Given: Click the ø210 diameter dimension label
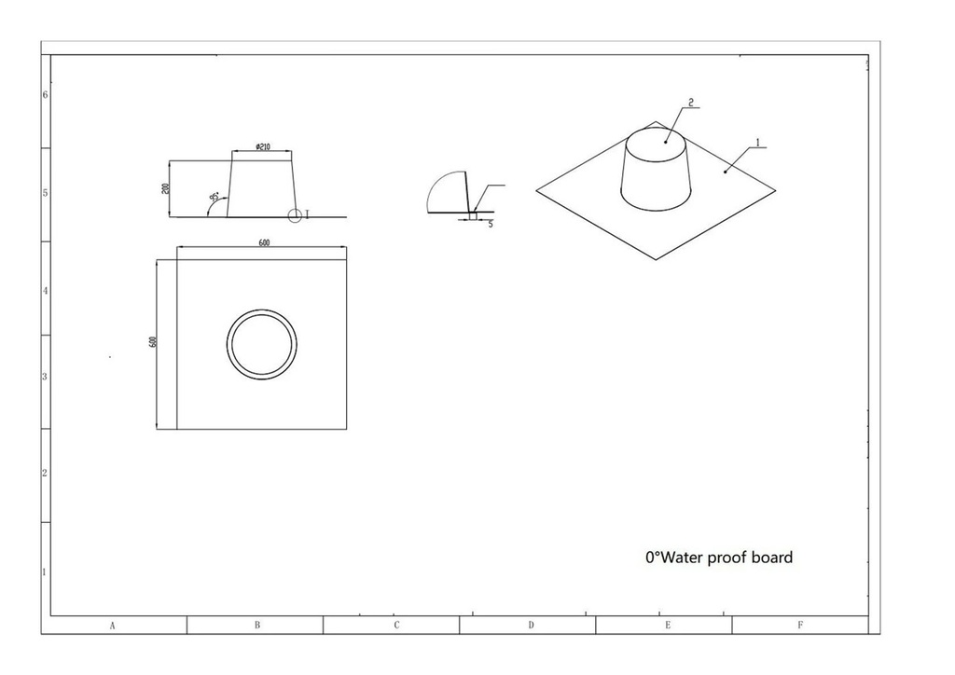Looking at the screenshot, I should (263, 146).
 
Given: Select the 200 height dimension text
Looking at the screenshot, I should (165, 188).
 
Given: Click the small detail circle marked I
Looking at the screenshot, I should (295, 216).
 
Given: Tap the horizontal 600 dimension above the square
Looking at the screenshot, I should (264, 242).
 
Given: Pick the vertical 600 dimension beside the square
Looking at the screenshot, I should (152, 342).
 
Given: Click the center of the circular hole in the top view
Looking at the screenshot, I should (262, 344).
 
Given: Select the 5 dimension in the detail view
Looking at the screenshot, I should (491, 225).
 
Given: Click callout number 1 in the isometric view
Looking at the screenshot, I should (758, 143).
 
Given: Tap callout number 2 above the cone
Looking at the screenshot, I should (690, 102).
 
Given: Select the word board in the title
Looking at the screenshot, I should (772, 558).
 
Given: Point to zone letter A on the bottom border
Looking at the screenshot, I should (112, 626).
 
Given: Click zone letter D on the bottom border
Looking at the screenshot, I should (531, 626).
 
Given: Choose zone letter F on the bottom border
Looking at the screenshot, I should (800, 626).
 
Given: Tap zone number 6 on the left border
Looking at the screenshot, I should (45, 95).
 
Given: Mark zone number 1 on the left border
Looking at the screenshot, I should (45, 572).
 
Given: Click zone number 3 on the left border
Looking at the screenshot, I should (45, 378).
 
